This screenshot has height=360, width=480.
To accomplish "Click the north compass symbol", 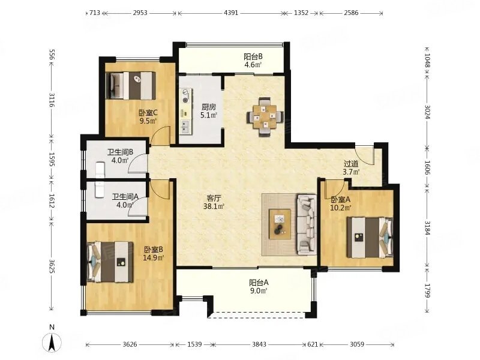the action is (52, 341).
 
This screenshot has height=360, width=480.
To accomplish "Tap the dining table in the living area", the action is (265, 116).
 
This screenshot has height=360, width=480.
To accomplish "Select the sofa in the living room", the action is (306, 224).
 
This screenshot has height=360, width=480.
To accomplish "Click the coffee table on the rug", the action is (280, 224).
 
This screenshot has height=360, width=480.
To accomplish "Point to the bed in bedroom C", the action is (130, 86).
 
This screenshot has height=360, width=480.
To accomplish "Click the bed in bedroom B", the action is (110, 262).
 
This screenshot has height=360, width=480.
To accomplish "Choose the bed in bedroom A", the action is (370, 237).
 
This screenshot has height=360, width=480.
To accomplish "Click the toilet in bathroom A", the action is (100, 190).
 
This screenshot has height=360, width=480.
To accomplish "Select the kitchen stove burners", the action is (185, 95).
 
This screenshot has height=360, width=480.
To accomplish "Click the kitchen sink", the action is (185, 127).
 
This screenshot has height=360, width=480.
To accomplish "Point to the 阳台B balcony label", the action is (253, 56).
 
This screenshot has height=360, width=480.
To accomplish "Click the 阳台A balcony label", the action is (259, 282).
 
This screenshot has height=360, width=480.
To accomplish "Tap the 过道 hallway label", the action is (351, 164).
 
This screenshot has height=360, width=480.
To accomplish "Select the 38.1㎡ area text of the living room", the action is (214, 206).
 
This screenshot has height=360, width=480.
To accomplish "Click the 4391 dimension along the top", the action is (231, 13).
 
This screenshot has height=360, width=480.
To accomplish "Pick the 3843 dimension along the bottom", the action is (259, 344).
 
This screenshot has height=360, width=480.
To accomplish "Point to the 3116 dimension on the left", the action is (51, 100).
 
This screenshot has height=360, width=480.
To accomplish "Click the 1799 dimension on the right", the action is (427, 290).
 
